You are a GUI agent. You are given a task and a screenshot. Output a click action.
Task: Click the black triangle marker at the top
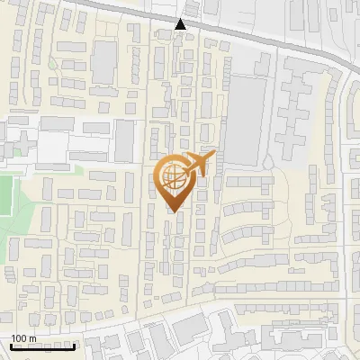[181, 24]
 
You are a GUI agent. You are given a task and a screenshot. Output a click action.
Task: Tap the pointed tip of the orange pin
[173, 212]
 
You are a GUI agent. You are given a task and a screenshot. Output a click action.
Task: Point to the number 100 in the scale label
[19, 338]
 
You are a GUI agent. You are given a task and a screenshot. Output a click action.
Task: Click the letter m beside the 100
[32, 338]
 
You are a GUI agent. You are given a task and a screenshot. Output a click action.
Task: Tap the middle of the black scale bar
[42, 346]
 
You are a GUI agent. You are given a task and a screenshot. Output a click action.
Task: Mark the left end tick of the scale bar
[11, 345]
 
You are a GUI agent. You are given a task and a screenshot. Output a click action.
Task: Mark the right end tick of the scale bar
[74, 345]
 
